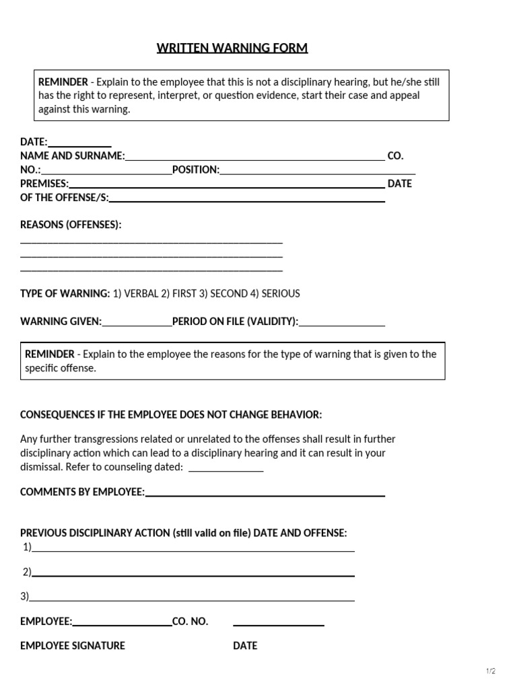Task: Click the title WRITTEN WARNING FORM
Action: click(232, 48)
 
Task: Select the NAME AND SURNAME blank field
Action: click(254, 157)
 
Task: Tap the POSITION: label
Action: click(196, 170)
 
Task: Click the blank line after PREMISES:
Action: click(227, 184)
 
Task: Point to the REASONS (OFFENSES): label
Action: click(71, 225)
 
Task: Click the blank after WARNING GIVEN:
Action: click(137, 322)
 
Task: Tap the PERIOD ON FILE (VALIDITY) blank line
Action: click(342, 322)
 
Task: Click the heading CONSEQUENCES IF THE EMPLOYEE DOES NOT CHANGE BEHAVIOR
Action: click(171, 414)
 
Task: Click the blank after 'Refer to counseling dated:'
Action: click(226, 468)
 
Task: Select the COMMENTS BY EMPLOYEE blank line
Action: click(265, 493)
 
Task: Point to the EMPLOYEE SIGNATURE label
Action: click(73, 645)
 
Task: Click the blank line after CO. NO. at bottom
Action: click(279, 622)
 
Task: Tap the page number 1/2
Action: click(490, 671)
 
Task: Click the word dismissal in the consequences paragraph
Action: click(40, 467)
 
